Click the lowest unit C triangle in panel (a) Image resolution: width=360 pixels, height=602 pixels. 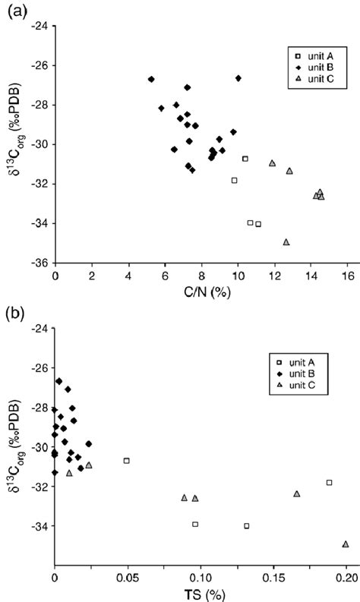pos(286,242)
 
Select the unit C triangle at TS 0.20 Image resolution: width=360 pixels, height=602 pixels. pos(346,544)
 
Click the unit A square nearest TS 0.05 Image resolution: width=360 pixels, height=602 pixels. pos(127,460)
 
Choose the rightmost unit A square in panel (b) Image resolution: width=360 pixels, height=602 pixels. pos(329,482)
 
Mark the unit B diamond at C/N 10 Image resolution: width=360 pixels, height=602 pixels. pos(238,78)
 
